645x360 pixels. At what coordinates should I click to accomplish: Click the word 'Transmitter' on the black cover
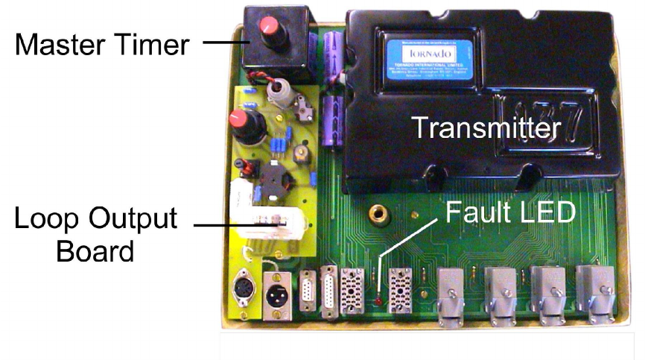[486, 128]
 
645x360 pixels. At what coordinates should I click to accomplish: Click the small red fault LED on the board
[379, 300]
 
